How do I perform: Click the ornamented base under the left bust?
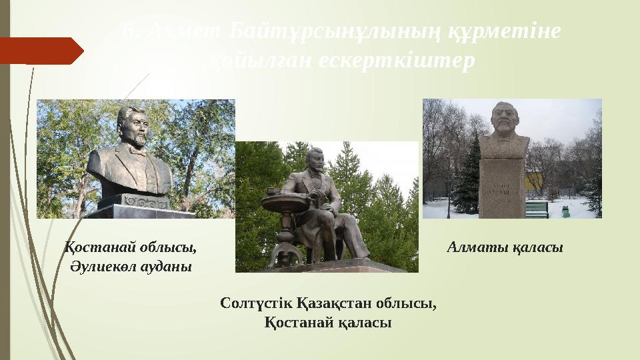point(137,200)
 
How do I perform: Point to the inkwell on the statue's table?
point(272,191)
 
